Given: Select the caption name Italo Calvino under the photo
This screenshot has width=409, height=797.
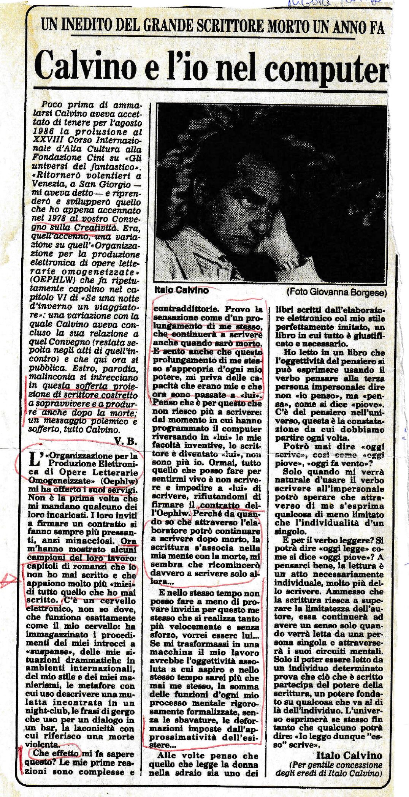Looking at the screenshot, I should tap(181, 290).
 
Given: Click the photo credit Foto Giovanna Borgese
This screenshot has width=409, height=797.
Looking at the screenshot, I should tap(336, 292).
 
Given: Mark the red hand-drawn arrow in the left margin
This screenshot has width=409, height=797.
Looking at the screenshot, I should tap(8, 580).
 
